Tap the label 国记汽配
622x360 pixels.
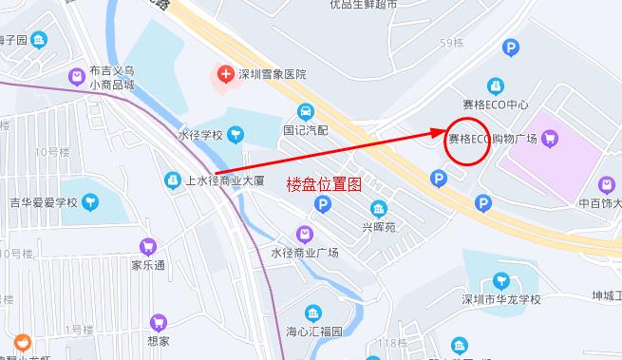305,129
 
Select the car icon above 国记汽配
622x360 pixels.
305,110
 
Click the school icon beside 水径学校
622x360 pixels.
234,135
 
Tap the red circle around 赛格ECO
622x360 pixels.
467,140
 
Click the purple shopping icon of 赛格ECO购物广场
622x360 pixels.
551,139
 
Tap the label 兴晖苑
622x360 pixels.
379,227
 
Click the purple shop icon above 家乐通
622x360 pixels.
147,246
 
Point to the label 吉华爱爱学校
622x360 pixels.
43,201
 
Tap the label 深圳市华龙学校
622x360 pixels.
500,299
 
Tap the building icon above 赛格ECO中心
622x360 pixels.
494,85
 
